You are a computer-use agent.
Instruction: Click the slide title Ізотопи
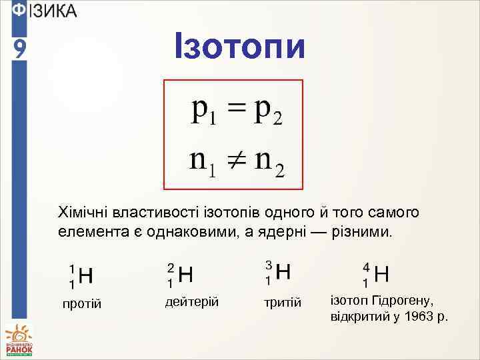pos(239,46)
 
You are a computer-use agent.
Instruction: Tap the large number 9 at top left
pos(19,49)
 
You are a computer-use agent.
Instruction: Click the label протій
pos(81,304)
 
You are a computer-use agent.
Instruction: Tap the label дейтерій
pos(192,301)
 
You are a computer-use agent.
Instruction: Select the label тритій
pos(283,303)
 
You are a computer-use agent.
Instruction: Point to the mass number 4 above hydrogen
pos(366,265)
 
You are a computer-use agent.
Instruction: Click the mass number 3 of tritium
pos(268,265)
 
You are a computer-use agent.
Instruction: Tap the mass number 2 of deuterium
pos(171,267)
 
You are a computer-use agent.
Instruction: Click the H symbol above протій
pos(86,275)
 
